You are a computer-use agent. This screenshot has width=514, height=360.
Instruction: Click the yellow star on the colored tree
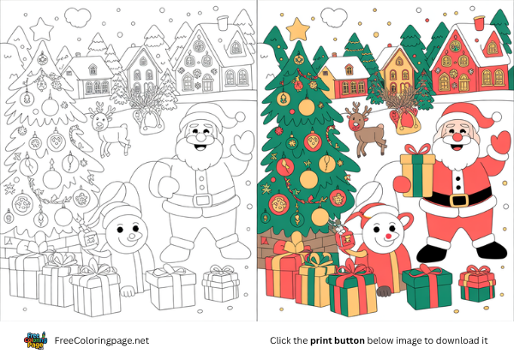[297, 30]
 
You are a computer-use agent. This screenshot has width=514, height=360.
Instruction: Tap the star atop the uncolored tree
[41, 31]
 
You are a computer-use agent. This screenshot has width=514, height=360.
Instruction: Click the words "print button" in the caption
[338, 340]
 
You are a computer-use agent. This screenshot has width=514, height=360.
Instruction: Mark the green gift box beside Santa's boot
[427, 287]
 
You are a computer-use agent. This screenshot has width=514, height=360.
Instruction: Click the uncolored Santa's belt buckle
[202, 199]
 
